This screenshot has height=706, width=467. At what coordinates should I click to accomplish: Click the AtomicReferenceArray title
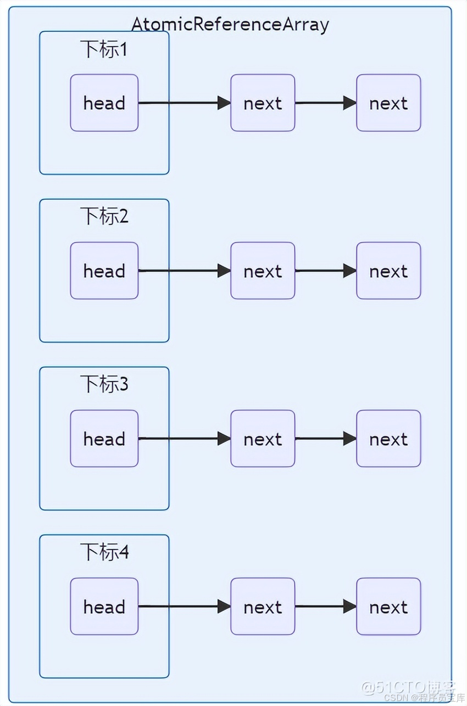(x=230, y=24)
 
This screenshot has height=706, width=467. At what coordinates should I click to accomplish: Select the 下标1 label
(x=104, y=49)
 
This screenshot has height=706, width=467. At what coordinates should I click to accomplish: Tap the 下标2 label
(x=104, y=216)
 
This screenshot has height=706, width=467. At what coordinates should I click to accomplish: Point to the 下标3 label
(x=104, y=384)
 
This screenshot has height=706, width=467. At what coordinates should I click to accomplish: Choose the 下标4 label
(x=104, y=552)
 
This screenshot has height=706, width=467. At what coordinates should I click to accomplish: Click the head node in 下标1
(x=104, y=103)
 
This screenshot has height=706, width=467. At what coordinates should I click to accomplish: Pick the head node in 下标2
(x=104, y=271)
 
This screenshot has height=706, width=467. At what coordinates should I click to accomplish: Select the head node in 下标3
(x=104, y=439)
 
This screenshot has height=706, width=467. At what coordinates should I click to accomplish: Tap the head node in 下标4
(x=104, y=607)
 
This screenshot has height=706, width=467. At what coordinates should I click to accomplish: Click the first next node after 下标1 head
(x=263, y=103)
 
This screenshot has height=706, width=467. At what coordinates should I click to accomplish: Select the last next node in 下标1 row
(x=388, y=103)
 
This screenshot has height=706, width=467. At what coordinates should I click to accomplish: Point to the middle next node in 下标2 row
(x=263, y=271)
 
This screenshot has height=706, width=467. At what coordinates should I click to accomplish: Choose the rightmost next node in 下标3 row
(x=388, y=439)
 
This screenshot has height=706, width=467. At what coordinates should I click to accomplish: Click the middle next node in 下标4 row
(x=263, y=607)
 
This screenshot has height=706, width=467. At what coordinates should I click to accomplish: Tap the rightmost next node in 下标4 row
(x=388, y=607)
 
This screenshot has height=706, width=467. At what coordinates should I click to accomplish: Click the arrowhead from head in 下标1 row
(x=224, y=103)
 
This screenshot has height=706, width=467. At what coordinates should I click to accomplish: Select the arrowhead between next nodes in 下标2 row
(x=349, y=271)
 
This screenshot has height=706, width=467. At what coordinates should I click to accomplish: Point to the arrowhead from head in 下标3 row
(x=224, y=439)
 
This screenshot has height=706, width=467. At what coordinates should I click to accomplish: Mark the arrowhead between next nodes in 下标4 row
(x=349, y=607)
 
